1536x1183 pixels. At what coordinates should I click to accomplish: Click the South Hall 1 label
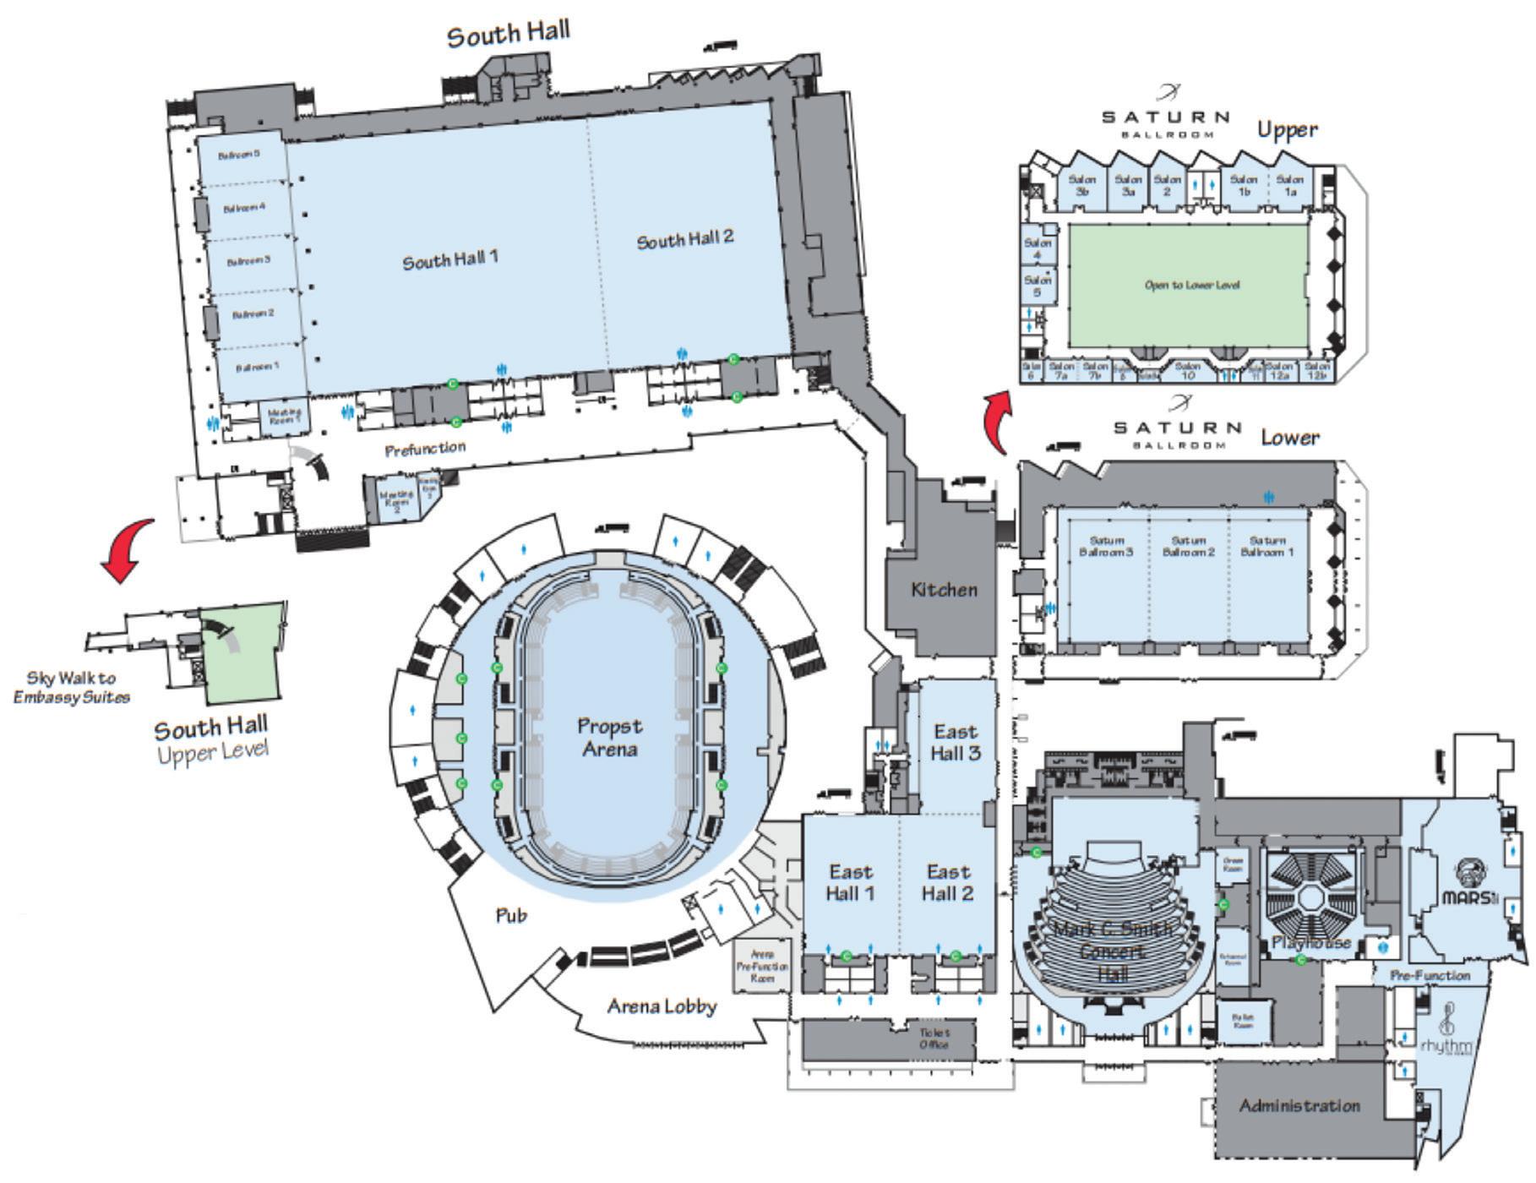pyautogui.click(x=449, y=260)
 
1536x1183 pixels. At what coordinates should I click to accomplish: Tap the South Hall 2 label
pyautogui.click(x=684, y=240)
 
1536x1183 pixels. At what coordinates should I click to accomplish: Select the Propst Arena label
pyautogui.click(x=609, y=737)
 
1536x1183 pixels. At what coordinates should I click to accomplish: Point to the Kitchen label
pyautogui.click(x=944, y=590)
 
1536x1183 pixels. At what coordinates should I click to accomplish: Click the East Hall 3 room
pyautogui.click(x=956, y=741)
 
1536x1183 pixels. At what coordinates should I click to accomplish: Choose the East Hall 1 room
pyautogui.click(x=850, y=882)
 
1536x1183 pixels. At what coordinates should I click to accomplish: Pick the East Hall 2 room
pyautogui.click(x=948, y=882)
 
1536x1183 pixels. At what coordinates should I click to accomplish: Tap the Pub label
pyautogui.click(x=510, y=915)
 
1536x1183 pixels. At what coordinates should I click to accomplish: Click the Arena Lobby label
pyautogui.click(x=662, y=1006)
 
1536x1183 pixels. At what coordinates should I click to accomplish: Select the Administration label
pyautogui.click(x=1299, y=1105)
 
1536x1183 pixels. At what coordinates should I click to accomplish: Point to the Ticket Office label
pyautogui.click(x=934, y=1039)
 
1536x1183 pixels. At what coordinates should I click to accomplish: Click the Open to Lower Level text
pyautogui.click(x=1191, y=285)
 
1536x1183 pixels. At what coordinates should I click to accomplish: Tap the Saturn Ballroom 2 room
pyautogui.click(x=1189, y=546)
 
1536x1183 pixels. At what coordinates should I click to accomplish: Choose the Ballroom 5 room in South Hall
pyautogui.click(x=239, y=155)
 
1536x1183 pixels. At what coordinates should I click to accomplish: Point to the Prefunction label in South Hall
pyautogui.click(x=425, y=448)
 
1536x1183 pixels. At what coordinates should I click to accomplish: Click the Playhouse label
pyautogui.click(x=1312, y=942)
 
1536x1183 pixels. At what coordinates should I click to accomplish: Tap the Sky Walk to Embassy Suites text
pyautogui.click(x=72, y=687)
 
